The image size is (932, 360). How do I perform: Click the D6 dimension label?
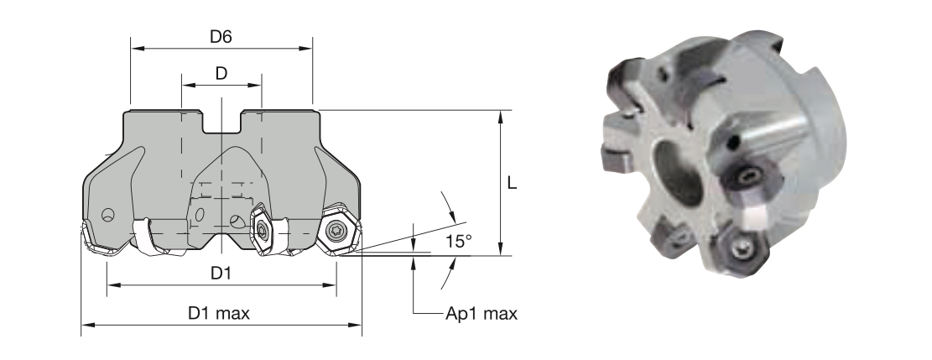[x=221, y=37]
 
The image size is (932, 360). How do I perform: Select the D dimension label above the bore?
[x=221, y=74]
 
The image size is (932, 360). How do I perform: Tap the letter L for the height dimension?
[x=512, y=183]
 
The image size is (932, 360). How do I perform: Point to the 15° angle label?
[x=459, y=241]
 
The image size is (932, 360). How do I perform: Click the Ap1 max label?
[x=482, y=314]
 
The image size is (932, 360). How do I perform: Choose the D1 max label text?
[x=219, y=313]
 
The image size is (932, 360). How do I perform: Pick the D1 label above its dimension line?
[x=221, y=273]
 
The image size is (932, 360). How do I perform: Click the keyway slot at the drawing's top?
[x=221, y=122]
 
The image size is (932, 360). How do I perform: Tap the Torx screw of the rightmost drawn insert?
[x=336, y=230]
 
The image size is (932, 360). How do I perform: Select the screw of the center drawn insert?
[x=260, y=229]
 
